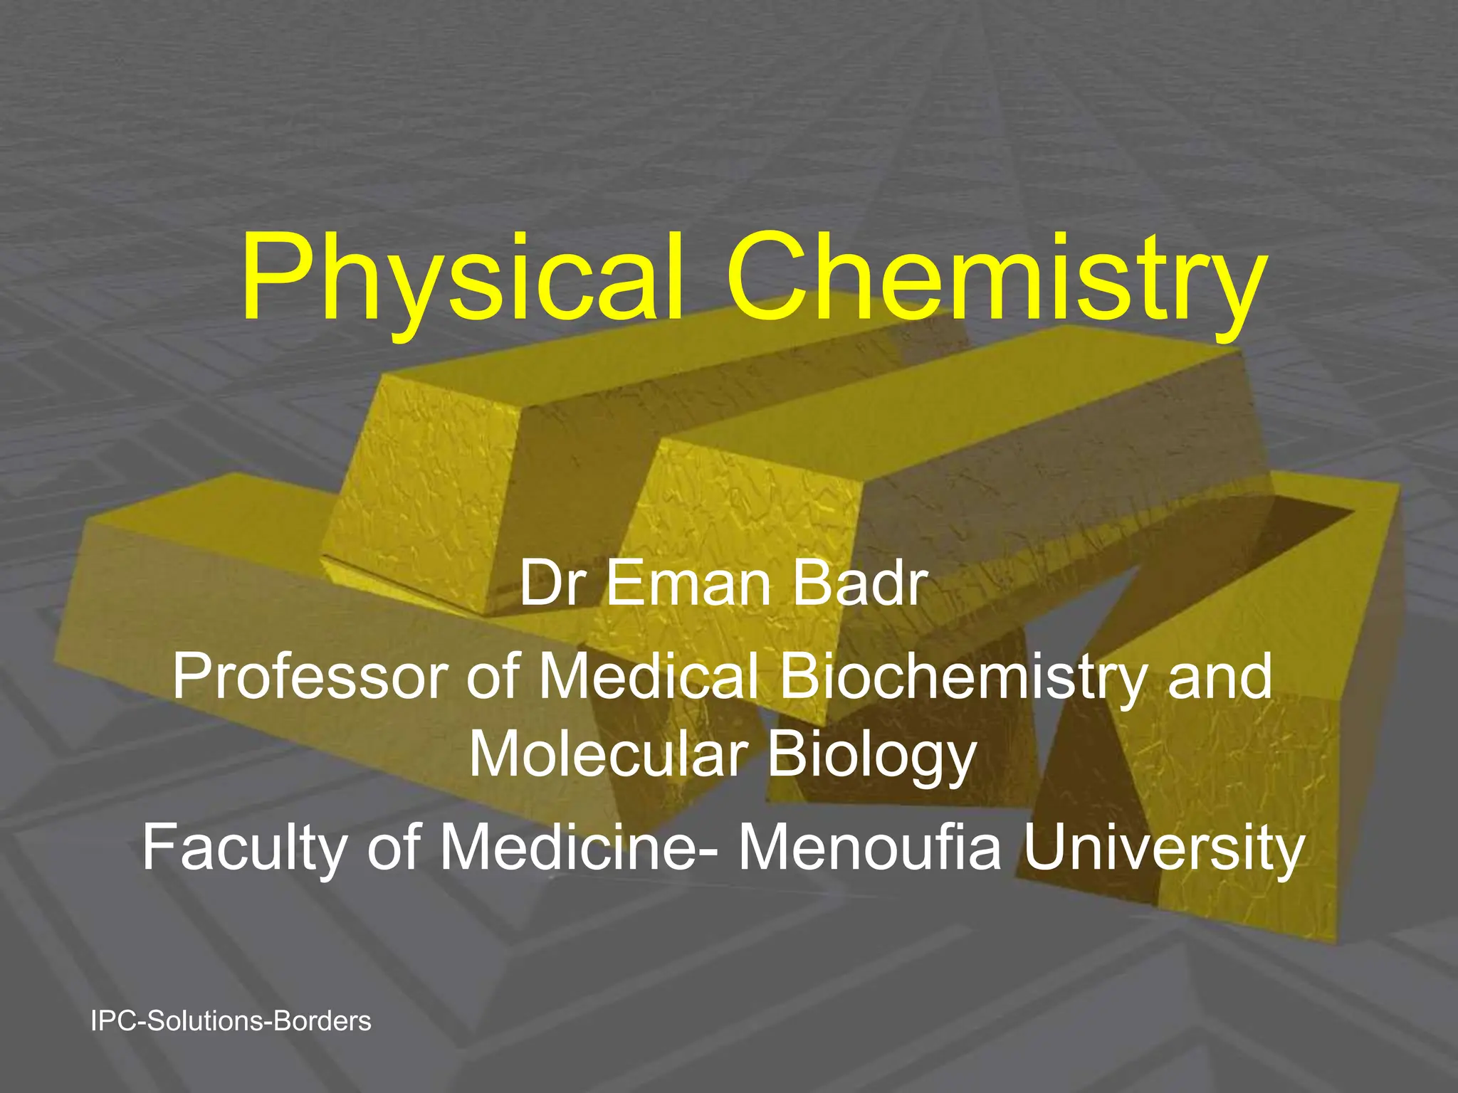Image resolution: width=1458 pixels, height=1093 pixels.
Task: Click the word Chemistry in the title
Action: click(995, 279)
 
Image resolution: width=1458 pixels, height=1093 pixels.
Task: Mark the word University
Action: click(1163, 848)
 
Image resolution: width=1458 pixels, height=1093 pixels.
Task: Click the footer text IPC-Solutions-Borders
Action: click(231, 1021)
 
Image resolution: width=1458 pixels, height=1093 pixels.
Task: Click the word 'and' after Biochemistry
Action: click(1219, 677)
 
